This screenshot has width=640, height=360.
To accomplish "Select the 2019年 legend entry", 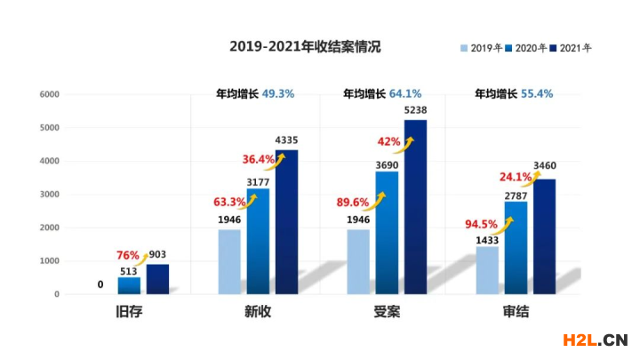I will [x=481, y=47].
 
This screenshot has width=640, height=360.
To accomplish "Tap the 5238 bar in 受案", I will [x=415, y=206].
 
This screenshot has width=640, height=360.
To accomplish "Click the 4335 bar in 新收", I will [x=286, y=222].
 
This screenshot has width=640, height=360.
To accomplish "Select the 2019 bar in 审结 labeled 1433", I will [x=488, y=269].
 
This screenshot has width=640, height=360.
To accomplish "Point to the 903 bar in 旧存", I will [x=157, y=278].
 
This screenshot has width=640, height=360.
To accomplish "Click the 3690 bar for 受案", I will [x=387, y=232].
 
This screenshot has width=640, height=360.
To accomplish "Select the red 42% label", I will [x=388, y=141].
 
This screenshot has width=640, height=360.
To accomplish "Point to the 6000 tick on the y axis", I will [x=49, y=94].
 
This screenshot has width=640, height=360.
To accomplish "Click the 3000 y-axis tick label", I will [x=49, y=195].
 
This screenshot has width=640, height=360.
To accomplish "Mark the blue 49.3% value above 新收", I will [x=277, y=92].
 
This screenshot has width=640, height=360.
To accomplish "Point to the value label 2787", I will [x=516, y=193].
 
